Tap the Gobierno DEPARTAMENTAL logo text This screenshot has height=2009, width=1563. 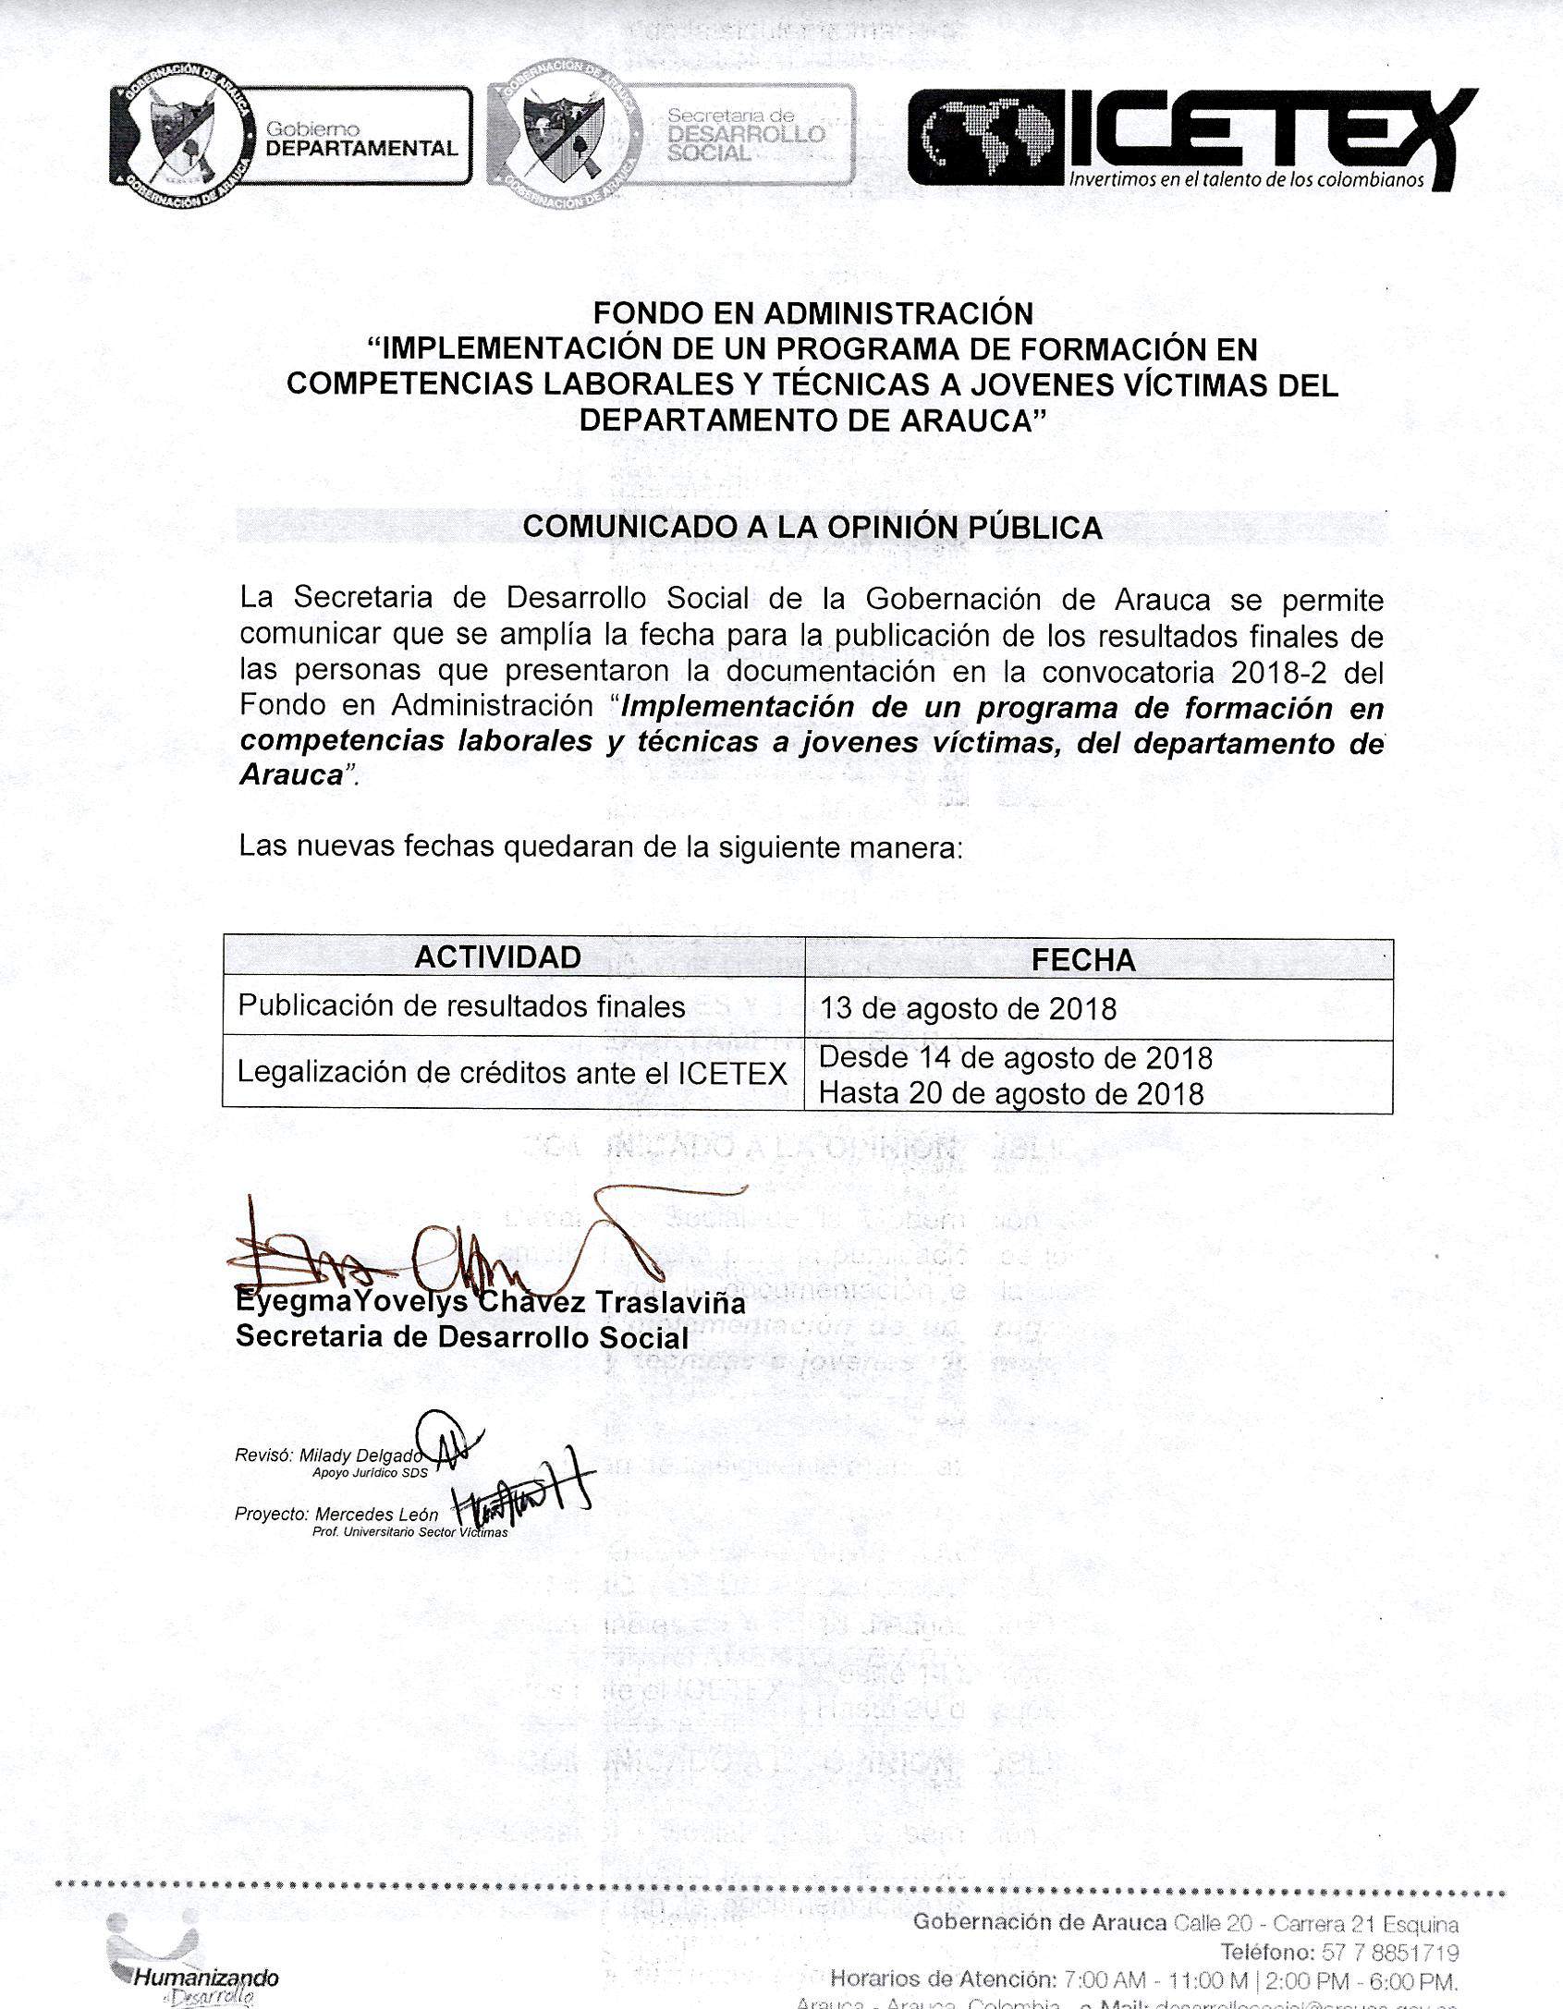360,140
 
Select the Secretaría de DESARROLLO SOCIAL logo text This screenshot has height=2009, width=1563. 744,134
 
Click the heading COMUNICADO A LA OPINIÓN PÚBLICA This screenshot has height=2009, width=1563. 812,527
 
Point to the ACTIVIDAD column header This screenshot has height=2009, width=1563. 497,956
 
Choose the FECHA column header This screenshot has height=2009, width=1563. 1082,960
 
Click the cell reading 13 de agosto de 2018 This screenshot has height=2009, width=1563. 968,1007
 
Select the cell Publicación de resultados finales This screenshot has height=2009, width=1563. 461,1005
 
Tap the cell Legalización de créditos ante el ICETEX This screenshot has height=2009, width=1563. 512,1072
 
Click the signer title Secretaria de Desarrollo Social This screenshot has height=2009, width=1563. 462,1337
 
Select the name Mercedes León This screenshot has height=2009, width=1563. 376,1515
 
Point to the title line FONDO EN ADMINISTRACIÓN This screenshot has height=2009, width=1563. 812,314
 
